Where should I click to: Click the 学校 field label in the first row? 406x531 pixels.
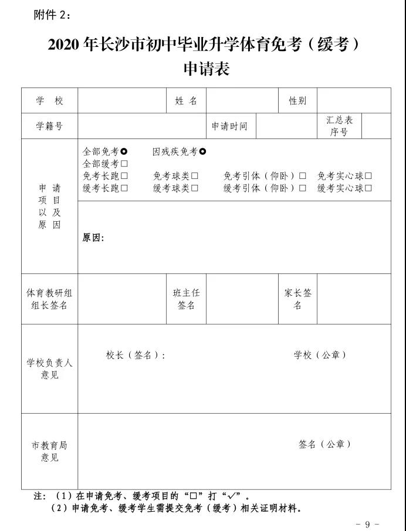click(49, 101)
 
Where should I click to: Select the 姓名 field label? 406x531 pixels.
click(186, 101)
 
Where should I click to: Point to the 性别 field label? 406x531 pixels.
click(297, 101)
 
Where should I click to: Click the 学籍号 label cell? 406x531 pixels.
click(49, 126)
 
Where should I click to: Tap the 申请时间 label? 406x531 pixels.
click(230, 126)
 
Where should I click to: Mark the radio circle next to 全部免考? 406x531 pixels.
click(124, 153)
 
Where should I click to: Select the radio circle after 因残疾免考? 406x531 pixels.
click(203, 153)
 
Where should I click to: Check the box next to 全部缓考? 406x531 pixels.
click(124, 164)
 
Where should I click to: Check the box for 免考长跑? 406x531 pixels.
click(124, 176)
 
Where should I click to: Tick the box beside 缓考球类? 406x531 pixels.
click(194, 188)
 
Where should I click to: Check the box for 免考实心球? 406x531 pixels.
click(368, 176)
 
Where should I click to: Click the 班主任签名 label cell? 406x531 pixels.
click(186, 299)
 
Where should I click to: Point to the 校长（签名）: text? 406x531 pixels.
click(136, 355)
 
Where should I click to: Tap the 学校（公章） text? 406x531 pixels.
click(320, 355)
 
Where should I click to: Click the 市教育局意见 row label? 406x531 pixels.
click(49, 451)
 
